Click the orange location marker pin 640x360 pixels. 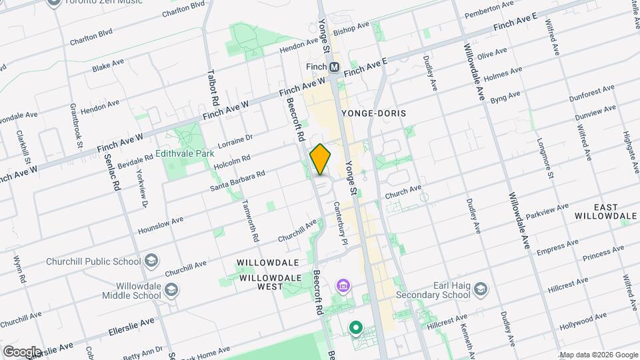tap(321, 159)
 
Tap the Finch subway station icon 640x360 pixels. tap(335, 67)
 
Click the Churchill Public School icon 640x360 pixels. tap(151, 259)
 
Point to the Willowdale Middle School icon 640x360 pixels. tap(172, 289)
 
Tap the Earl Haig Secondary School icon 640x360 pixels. tap(481, 288)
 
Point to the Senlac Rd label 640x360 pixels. tap(111, 170)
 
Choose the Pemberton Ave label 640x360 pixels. tap(490, 9)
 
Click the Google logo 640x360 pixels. tap(21, 351)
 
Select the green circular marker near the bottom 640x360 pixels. tap(356, 327)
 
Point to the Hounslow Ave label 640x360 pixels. tap(160, 225)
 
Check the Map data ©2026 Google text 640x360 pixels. tap(598, 355)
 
